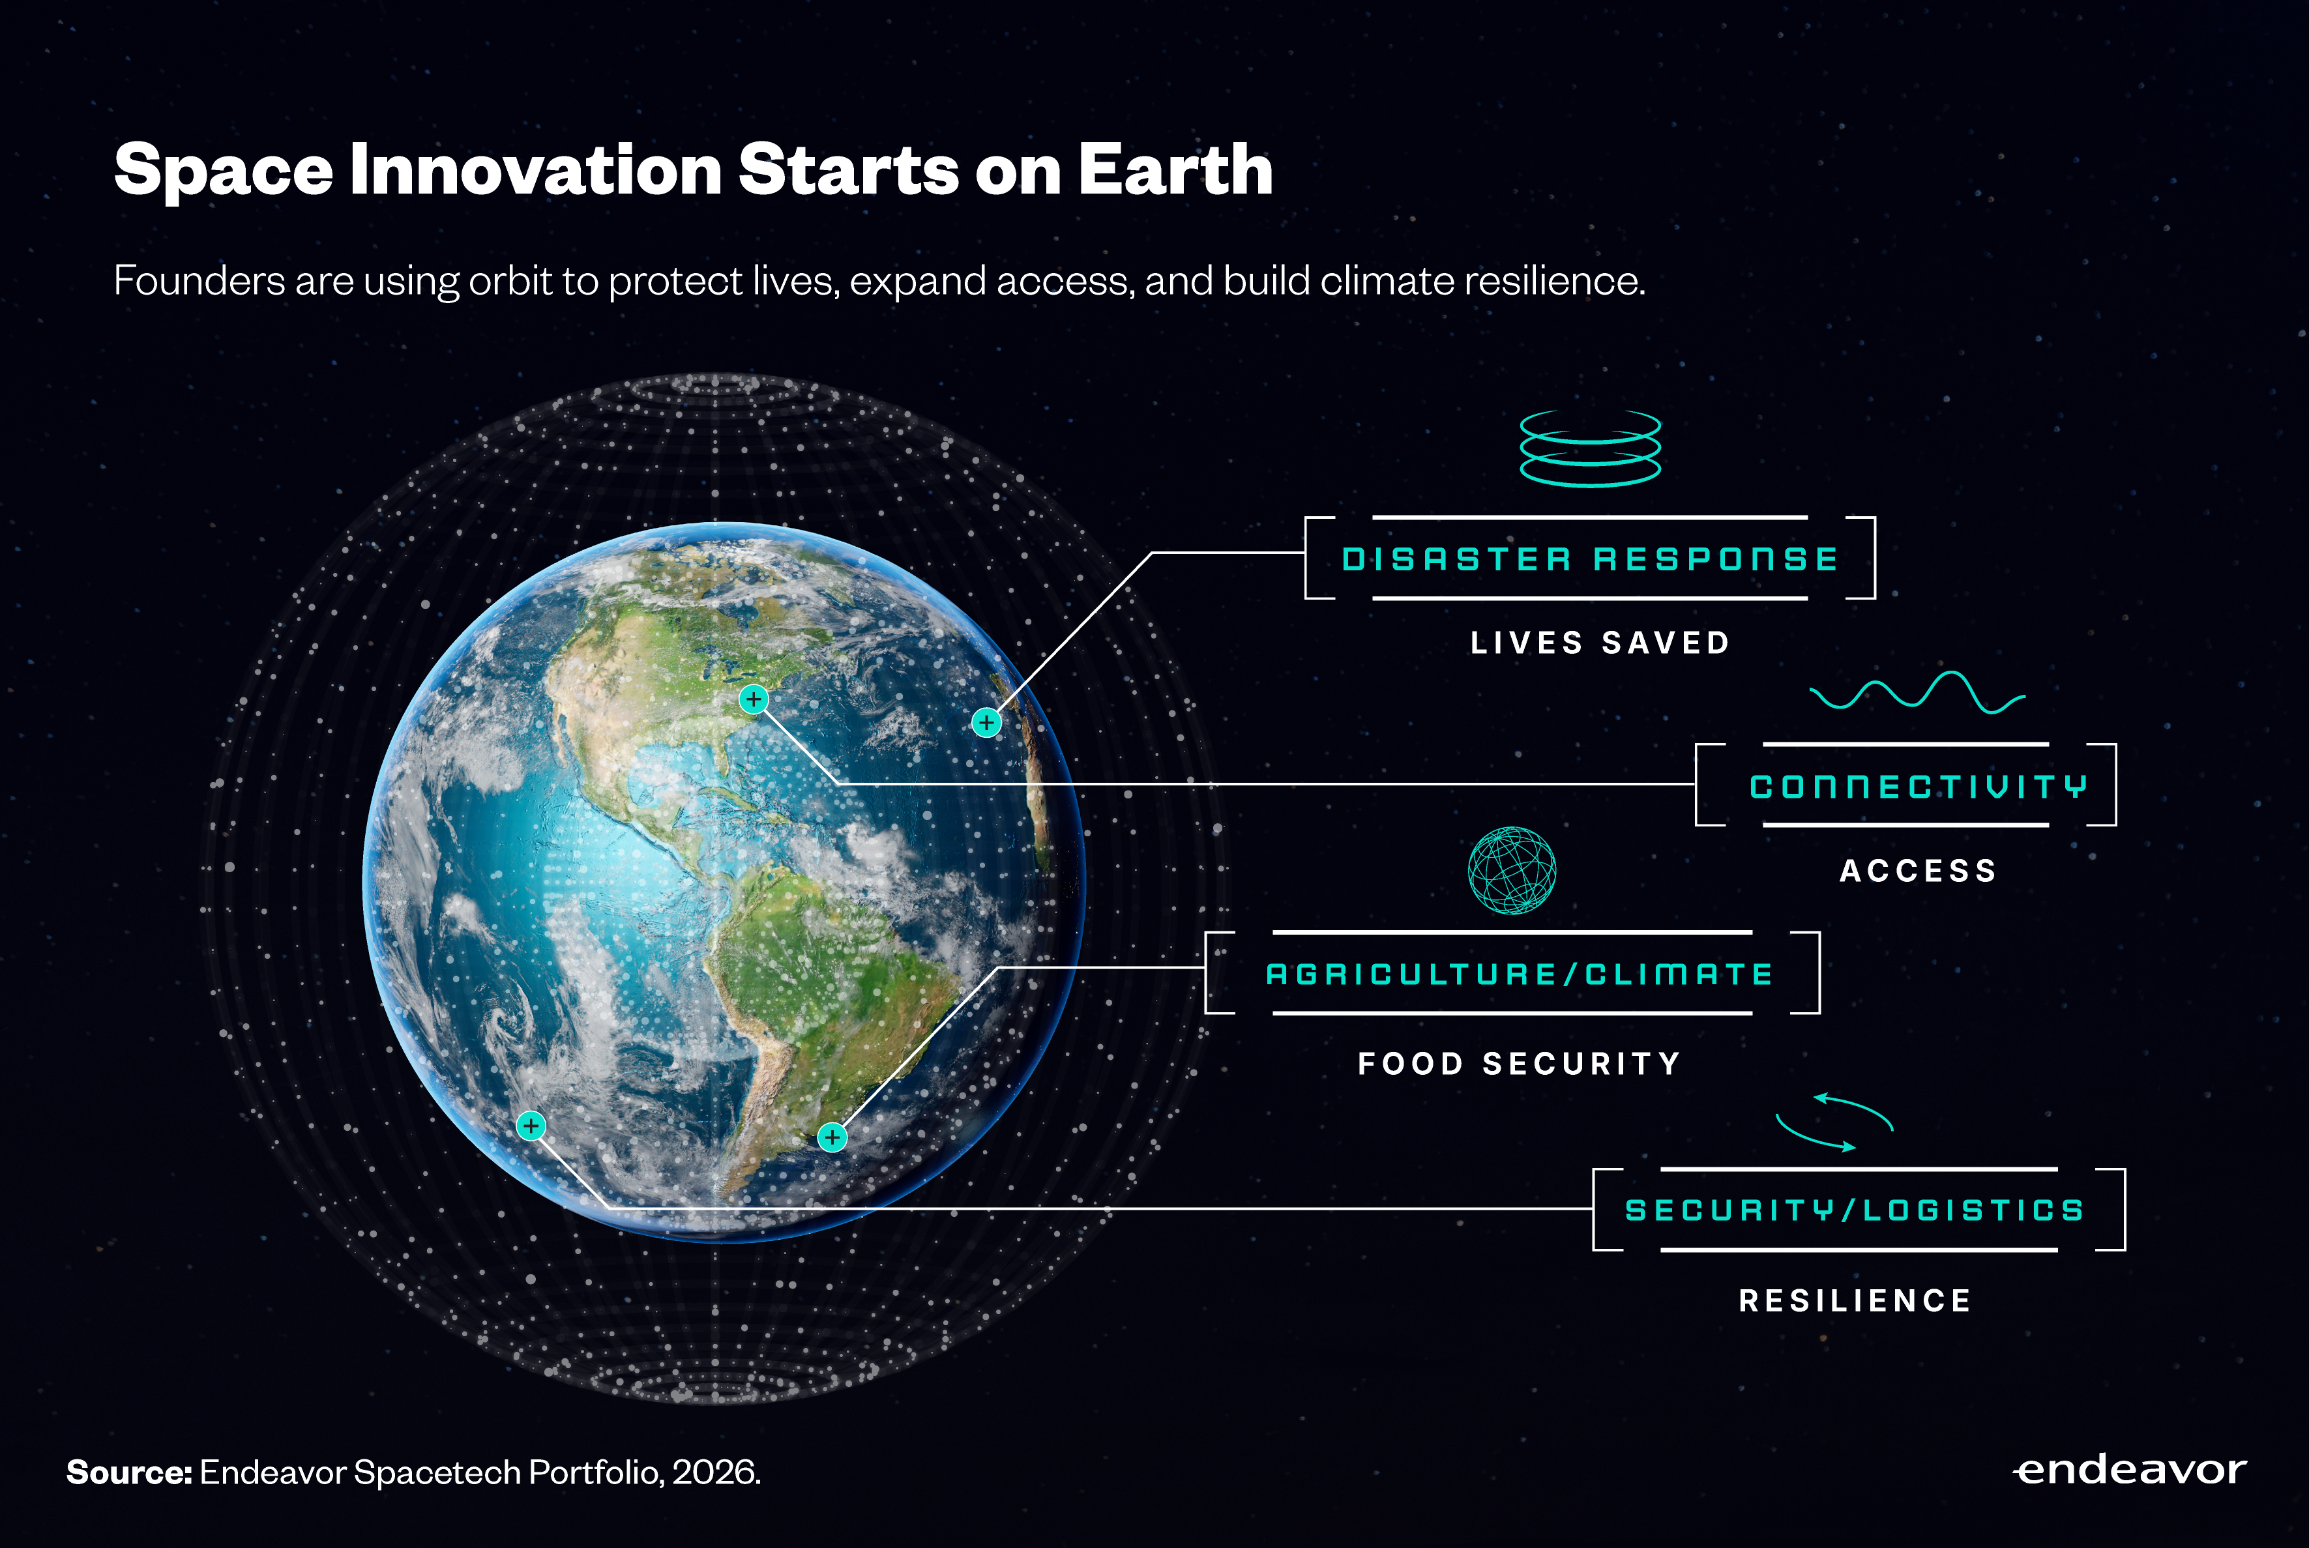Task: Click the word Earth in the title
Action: (x=1175, y=170)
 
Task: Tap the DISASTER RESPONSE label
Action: (x=1589, y=559)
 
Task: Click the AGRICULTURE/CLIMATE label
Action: (x=1520, y=974)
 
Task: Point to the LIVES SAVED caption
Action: (x=1600, y=643)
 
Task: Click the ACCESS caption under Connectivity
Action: (x=1918, y=871)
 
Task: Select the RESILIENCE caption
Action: (x=1855, y=1300)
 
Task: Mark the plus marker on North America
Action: (x=753, y=700)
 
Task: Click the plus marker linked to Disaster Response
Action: (x=986, y=723)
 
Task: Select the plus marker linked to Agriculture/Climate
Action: (x=832, y=1137)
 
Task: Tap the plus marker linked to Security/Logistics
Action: (x=531, y=1126)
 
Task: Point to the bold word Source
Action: (x=129, y=1472)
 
